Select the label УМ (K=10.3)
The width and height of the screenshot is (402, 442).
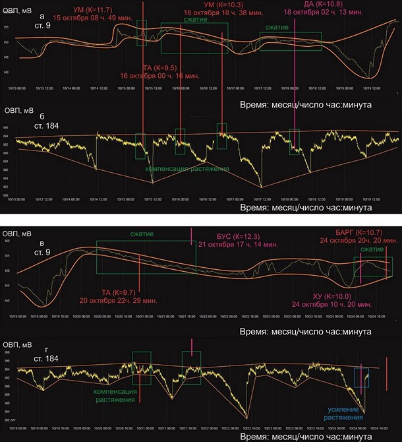pyautogui.click(x=221, y=5)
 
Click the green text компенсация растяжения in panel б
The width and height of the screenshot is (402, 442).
pyautogui.click(x=187, y=169)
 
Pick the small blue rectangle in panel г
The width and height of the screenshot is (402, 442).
pyautogui.click(x=361, y=378)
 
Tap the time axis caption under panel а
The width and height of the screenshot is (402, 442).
pyautogui.click(x=307, y=104)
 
